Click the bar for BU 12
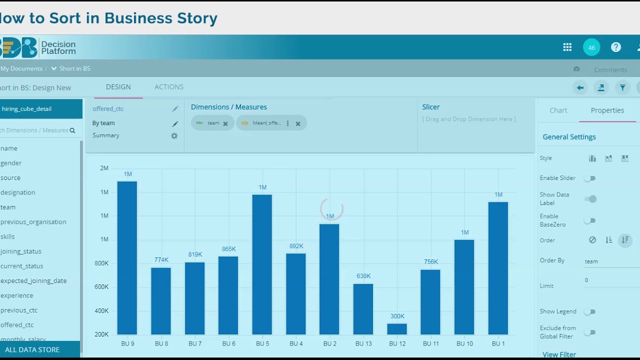[x=397, y=329]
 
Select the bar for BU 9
[x=127, y=257]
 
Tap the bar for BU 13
[x=363, y=309]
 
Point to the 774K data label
[x=161, y=260]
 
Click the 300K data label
[x=397, y=316]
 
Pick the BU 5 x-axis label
[x=262, y=343]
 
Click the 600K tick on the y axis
[x=101, y=287]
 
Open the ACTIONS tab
[x=169, y=87]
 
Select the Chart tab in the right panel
[x=558, y=110]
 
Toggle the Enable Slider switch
[x=590, y=178]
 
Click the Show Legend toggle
[x=590, y=311]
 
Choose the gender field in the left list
[x=11, y=163]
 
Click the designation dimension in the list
[x=17, y=192]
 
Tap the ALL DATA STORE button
[x=32, y=349]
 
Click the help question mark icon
[x=616, y=47]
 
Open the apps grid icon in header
[x=567, y=47]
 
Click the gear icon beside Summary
[x=174, y=135]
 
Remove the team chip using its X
[x=225, y=123]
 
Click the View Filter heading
[x=559, y=354]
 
